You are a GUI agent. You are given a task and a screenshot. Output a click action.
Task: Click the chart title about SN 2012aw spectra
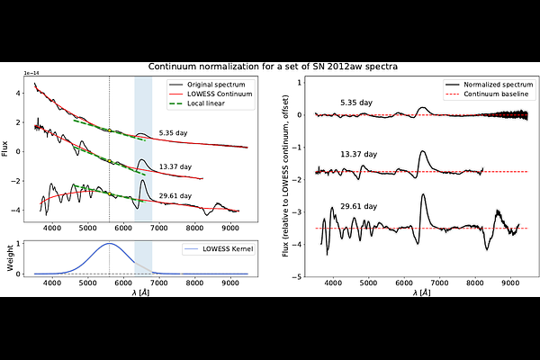click(x=270, y=67)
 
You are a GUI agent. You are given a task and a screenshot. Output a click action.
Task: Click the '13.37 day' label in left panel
click(x=175, y=166)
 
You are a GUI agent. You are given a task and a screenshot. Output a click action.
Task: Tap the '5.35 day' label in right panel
click(x=358, y=103)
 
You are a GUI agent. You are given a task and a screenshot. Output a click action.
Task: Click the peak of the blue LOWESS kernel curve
click(x=109, y=243)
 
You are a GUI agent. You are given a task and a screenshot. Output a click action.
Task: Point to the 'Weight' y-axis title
click(x=8, y=257)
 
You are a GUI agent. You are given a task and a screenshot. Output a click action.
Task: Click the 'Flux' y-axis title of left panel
click(x=8, y=149)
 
